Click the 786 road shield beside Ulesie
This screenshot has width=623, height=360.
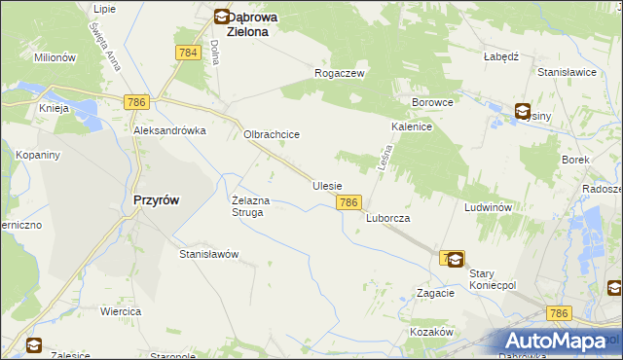coord(349,202)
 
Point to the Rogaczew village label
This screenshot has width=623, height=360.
coord(339,73)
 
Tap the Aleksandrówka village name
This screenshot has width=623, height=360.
coord(170,130)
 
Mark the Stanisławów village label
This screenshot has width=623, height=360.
coord(208,254)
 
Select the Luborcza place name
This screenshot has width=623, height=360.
coord(387,219)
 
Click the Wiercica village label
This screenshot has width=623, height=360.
coord(121,311)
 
